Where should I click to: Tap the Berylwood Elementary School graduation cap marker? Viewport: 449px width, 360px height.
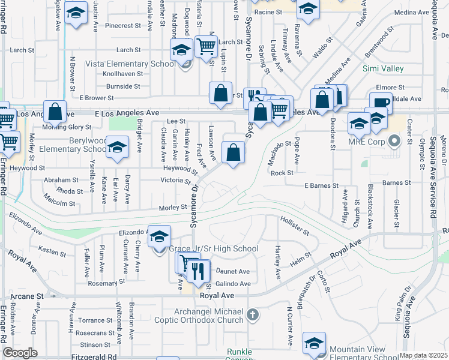(x=117, y=148)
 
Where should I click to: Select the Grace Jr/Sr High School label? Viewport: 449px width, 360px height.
(x=214, y=249)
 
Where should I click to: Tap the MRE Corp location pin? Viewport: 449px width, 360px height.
(x=394, y=142)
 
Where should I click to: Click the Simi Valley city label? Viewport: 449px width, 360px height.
(x=383, y=68)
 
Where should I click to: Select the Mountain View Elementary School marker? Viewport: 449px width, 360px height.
(x=313, y=344)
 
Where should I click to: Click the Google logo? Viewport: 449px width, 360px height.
(x=20, y=353)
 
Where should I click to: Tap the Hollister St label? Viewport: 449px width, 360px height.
(x=294, y=226)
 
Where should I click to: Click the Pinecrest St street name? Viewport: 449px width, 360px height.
(x=122, y=26)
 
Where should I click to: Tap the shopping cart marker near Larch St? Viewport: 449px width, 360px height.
(x=206, y=45)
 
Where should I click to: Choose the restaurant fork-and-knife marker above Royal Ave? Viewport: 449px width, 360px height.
(x=199, y=272)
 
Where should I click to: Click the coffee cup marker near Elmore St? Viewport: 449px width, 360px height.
(x=381, y=103)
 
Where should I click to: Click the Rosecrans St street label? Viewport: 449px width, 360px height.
(x=95, y=332)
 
